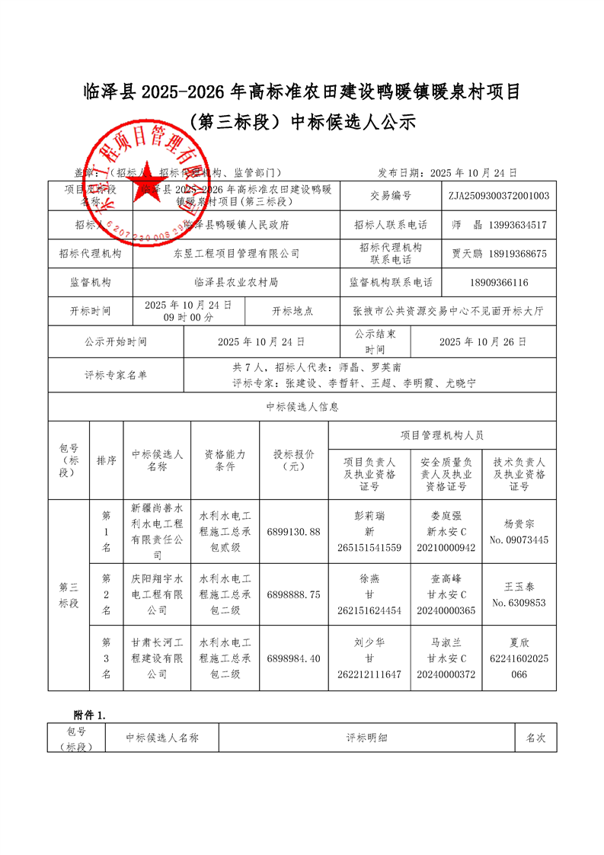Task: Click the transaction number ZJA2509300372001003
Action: pyautogui.click(x=499, y=196)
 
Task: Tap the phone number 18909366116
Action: pyautogui.click(x=499, y=283)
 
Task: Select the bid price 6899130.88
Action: pyautogui.click(x=294, y=531)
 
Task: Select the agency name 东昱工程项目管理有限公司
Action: pyautogui.click(x=236, y=254)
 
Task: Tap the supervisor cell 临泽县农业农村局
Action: pyautogui.click(x=236, y=283)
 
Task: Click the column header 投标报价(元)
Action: pyautogui.click(x=294, y=460)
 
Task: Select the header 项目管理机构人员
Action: pyautogui.click(x=442, y=436)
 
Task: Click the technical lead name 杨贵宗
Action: pyautogui.click(x=519, y=524)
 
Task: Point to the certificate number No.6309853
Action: pyautogui.click(x=519, y=603)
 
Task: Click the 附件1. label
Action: pyautogui.click(x=90, y=715)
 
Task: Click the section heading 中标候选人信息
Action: pyautogui.click(x=302, y=407)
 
